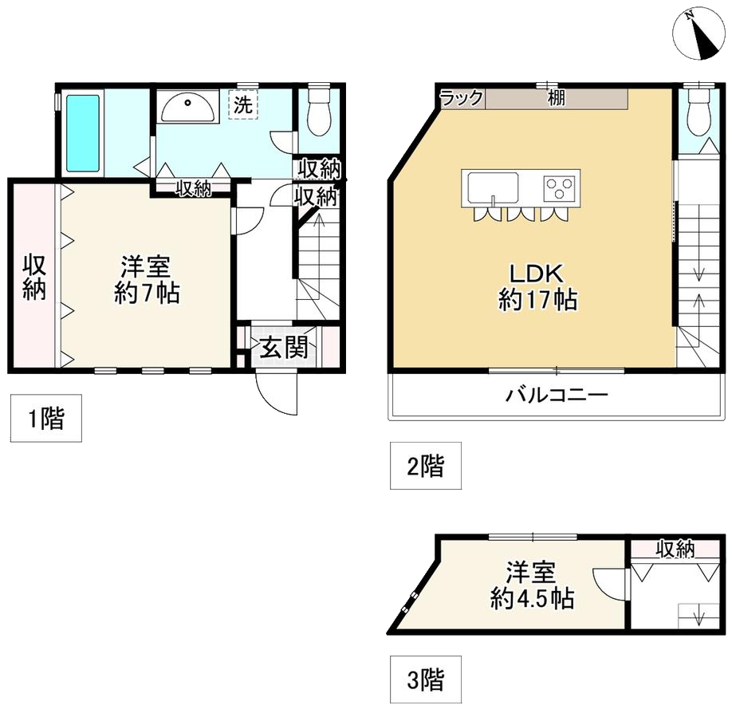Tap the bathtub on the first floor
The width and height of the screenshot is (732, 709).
(83, 133)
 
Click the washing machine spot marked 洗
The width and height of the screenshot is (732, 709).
(242, 104)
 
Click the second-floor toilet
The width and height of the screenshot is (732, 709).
(698, 112)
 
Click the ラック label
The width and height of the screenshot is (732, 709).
(462, 98)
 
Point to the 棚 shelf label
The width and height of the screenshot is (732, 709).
(556, 98)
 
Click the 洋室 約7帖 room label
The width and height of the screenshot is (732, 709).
(147, 279)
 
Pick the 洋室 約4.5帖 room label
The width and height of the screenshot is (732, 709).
(531, 586)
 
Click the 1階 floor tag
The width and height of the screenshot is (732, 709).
(46, 418)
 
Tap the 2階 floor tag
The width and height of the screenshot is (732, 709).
(425, 465)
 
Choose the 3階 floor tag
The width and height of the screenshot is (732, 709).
(425, 681)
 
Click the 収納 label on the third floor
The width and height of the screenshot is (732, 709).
(675, 549)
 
